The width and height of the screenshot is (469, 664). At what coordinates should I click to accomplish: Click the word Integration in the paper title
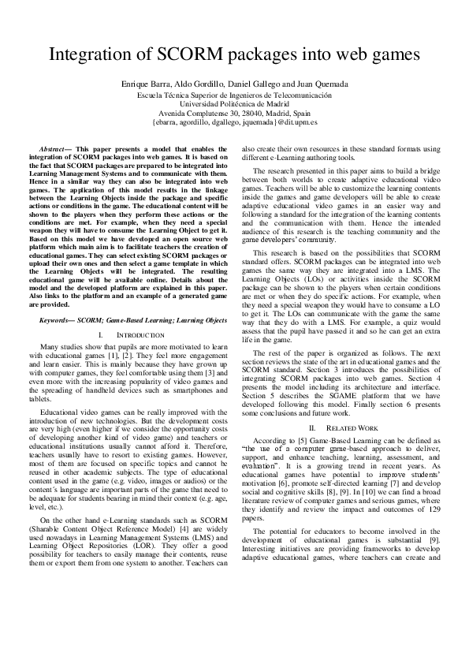pos(88,54)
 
